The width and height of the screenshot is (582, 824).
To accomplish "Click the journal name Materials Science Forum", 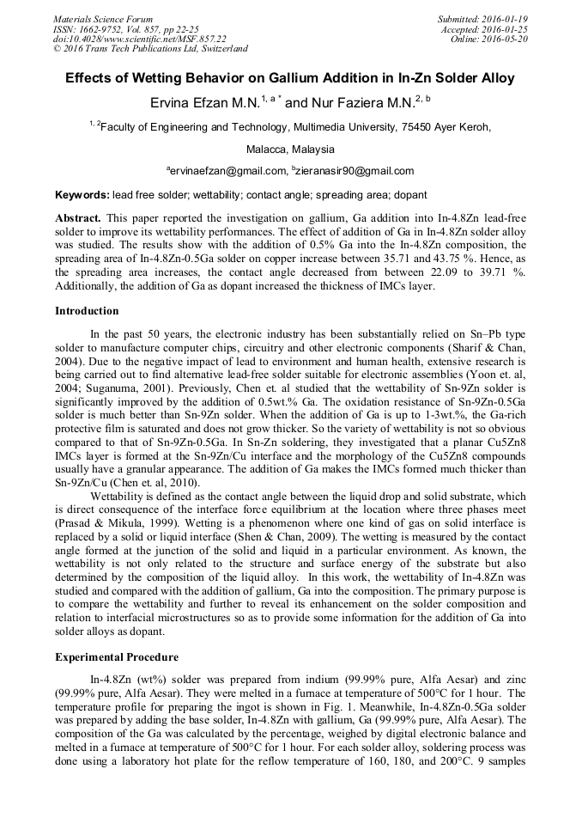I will pos(103,18).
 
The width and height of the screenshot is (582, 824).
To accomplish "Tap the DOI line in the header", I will pos(140,39).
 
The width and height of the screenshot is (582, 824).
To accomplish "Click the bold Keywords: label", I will pos(82,196).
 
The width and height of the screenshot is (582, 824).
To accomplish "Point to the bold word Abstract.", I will pos(78,218).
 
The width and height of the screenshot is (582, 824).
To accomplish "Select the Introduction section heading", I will pos(87,310).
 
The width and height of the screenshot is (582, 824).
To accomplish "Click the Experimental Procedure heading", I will pos(117,657).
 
